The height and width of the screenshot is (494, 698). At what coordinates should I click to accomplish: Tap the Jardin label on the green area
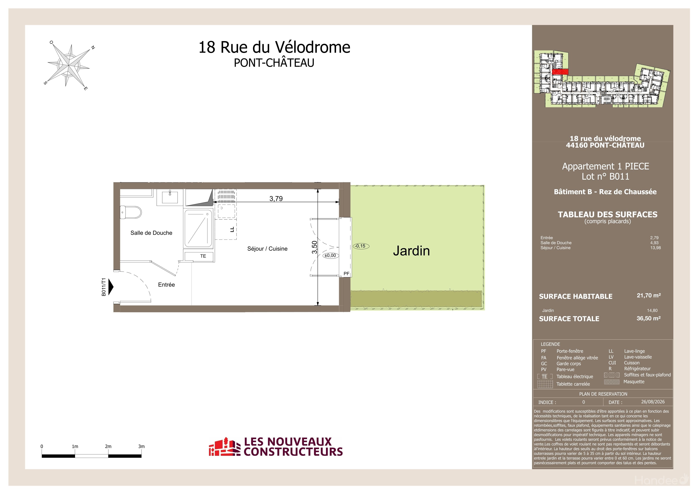[x=411, y=251]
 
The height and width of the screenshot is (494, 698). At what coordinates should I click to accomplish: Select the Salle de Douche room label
[x=151, y=233]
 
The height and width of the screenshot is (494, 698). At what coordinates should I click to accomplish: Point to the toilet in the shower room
[x=131, y=212]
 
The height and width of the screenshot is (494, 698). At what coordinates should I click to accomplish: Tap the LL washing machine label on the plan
[x=232, y=229]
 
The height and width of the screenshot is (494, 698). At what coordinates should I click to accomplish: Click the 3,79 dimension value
[x=276, y=199]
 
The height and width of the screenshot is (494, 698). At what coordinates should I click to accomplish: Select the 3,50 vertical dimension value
[x=314, y=247]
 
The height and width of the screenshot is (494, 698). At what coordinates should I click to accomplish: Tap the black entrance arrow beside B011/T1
[x=111, y=287]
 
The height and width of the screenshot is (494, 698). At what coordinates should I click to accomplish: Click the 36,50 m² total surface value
[x=649, y=318]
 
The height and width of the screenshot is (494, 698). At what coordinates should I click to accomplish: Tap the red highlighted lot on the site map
[x=560, y=72]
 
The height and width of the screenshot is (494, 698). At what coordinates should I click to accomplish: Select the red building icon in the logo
[x=222, y=447]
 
